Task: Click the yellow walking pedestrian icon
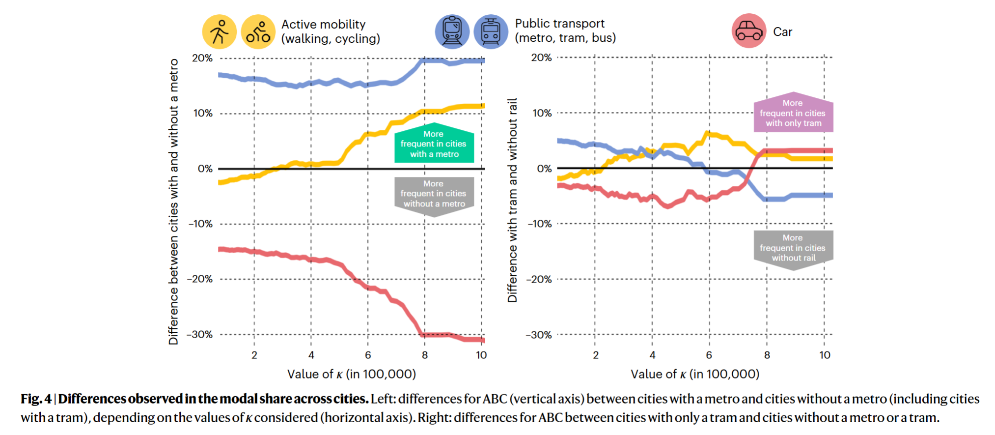tap(219, 32)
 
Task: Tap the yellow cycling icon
tap(258, 32)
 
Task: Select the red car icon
tap(748, 31)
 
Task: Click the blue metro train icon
tap(452, 31)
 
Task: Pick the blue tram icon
tap(491, 31)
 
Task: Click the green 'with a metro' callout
tap(434, 144)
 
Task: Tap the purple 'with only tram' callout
tap(793, 113)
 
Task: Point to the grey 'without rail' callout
tap(793, 248)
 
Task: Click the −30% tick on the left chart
tap(199, 335)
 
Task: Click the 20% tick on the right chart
tap(541, 58)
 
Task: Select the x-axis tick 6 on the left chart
tap(368, 355)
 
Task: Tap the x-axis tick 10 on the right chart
tap(825, 355)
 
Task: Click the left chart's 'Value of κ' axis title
tap(352, 374)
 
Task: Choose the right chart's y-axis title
tap(512, 200)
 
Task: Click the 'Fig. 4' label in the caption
tap(36, 399)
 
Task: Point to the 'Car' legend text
tap(782, 32)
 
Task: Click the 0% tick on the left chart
tap(205, 169)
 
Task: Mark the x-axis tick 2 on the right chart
tap(595, 355)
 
